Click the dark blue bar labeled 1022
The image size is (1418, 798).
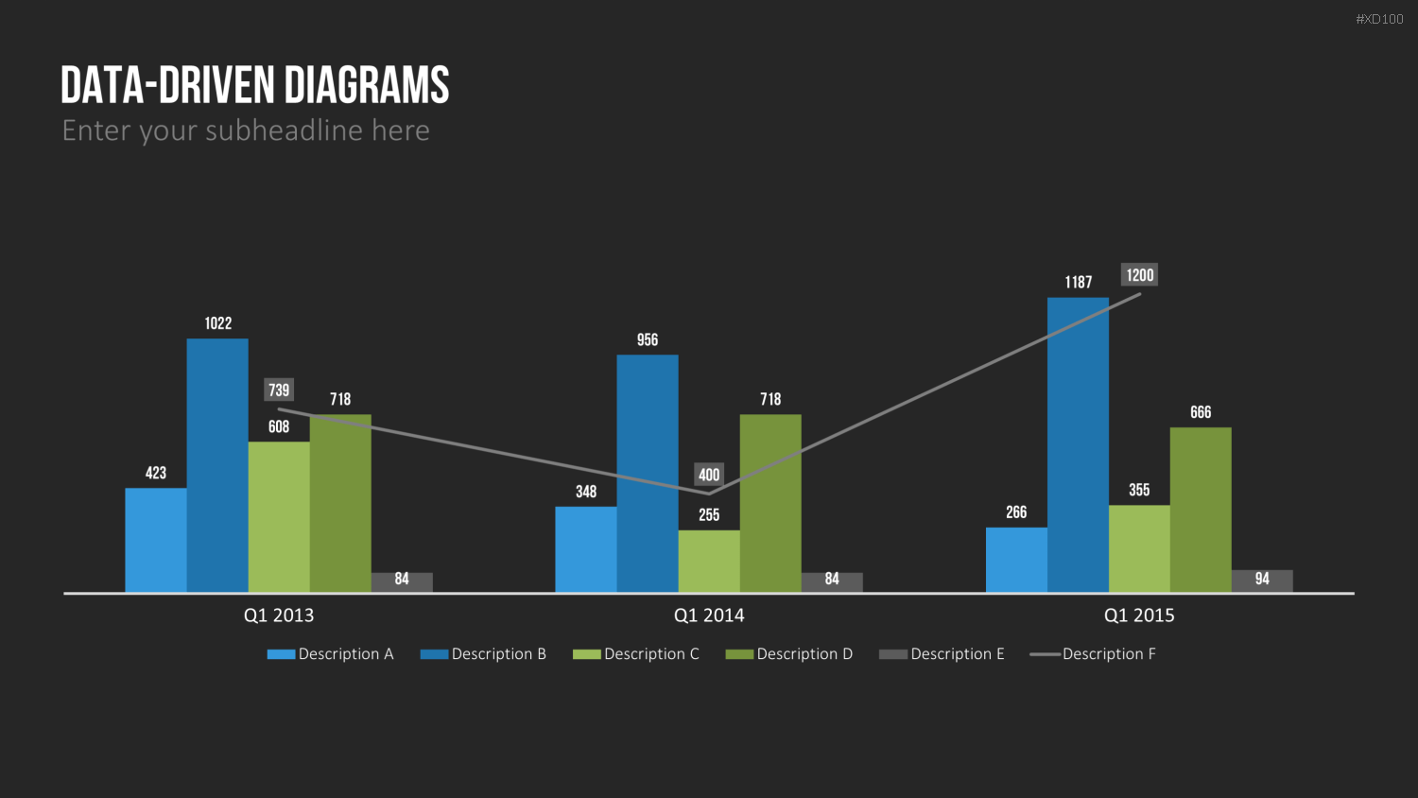(217, 465)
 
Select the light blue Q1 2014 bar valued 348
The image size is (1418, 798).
(586, 549)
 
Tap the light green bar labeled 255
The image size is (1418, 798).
(709, 561)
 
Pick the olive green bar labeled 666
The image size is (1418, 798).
(1201, 510)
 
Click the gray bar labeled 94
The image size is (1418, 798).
(1262, 581)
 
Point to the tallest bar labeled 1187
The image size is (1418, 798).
(1078, 445)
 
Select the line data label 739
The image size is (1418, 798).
(279, 390)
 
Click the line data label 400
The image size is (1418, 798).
(709, 475)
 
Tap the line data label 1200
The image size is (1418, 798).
(1139, 275)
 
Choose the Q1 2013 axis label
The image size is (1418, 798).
(279, 616)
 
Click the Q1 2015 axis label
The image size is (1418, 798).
(1139, 616)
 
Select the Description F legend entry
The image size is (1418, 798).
(1093, 653)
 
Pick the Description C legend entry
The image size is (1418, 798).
(636, 653)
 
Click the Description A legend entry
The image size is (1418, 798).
(331, 653)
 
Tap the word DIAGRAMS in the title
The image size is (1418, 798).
(367, 85)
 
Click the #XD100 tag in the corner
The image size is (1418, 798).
(1379, 20)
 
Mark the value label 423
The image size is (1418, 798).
(156, 473)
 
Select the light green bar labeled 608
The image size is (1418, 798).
(279, 517)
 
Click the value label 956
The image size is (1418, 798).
(648, 340)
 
